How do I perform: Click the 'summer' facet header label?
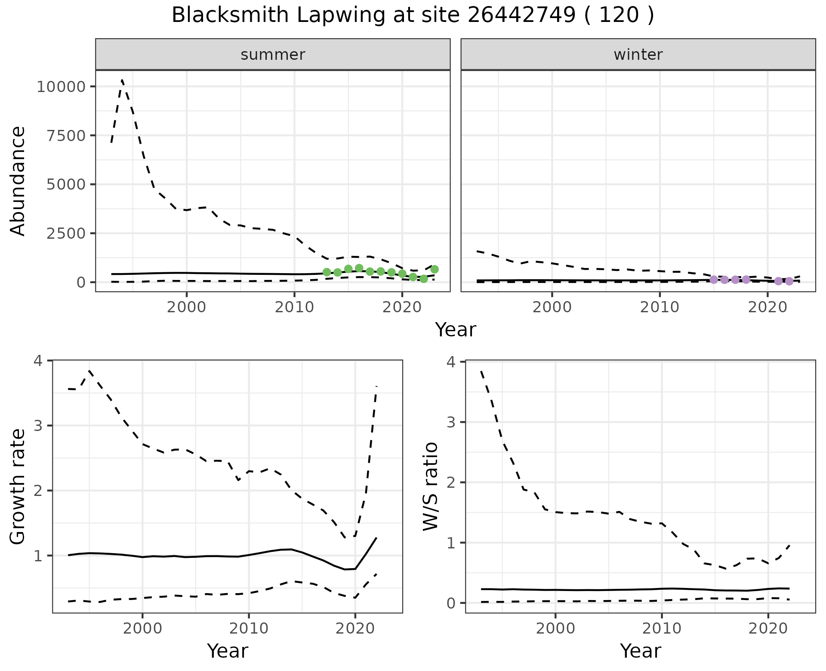[273, 55]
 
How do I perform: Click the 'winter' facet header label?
[638, 55]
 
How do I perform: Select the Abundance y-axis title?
[18, 181]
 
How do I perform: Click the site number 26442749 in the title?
[521, 15]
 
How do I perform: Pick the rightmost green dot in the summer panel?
[435, 269]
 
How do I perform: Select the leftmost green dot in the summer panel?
[327, 272]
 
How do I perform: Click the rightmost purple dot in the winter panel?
[789, 281]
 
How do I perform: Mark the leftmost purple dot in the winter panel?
[714, 280]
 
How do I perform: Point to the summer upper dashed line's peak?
[122, 80]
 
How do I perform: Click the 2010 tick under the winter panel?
[660, 307]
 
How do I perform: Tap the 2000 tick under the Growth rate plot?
[142, 628]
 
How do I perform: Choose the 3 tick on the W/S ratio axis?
[451, 422]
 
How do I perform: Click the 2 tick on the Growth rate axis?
[38, 491]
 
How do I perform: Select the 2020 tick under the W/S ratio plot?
[768, 628]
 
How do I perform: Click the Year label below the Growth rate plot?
[228, 651]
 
